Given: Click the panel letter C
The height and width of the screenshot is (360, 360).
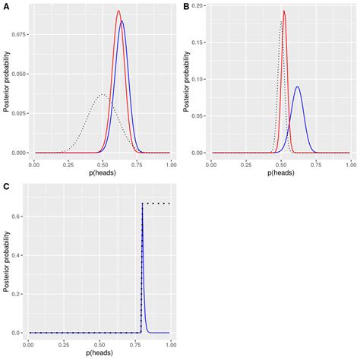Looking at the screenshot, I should click(5, 185).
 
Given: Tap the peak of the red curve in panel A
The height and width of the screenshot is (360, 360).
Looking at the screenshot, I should click(118, 11).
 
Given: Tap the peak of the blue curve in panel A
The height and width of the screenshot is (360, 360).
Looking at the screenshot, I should click(122, 22).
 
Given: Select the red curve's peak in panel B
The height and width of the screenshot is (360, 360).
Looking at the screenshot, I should click(284, 11).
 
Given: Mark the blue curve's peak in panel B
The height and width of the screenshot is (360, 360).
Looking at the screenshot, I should click(297, 87).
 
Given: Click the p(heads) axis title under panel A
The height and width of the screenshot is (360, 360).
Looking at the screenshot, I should click(103, 173).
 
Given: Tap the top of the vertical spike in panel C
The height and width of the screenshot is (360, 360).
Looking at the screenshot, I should click(143, 204).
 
